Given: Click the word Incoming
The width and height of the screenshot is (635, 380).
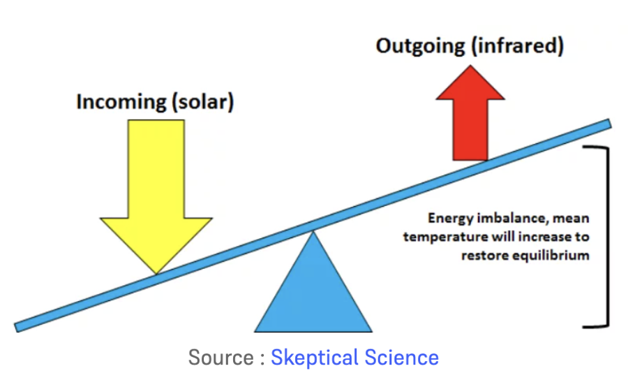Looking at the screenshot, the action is coord(121,101).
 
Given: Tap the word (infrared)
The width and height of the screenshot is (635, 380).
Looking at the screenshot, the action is coord(518,45).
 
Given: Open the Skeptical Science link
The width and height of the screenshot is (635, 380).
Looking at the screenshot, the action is coord(354,357).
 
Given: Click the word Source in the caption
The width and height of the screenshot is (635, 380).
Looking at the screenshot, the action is coord(221,357).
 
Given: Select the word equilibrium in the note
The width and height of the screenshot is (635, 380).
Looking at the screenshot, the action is coord(551,256).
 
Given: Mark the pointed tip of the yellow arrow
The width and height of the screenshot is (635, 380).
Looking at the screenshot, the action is coord(156,274).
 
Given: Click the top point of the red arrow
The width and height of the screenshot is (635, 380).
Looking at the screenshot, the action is coord(470,65).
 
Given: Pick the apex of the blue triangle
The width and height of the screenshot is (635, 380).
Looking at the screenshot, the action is coord(313,231).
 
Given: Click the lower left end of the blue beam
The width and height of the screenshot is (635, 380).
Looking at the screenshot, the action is coord(16,328).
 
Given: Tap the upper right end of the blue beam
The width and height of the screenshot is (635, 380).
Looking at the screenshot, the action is coord(610,123).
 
